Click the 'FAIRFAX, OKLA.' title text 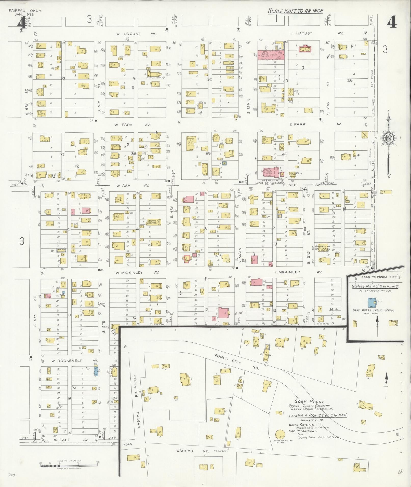point(25,11)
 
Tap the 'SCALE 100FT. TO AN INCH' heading point(296,11)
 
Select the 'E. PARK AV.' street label point(315,124)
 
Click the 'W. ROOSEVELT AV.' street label point(74,361)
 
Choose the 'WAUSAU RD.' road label point(193,451)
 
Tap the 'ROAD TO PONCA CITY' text point(376,277)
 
